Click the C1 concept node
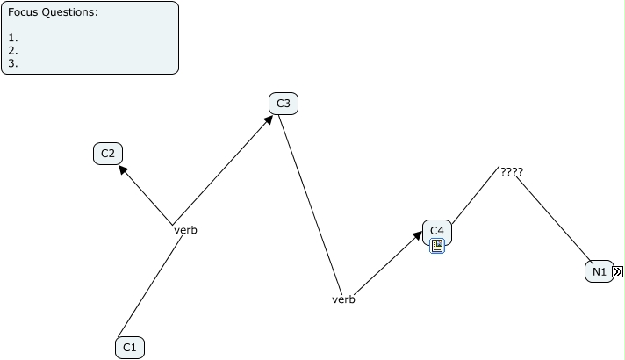click(x=129, y=348)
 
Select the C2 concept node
click(x=108, y=154)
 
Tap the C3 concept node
click(x=284, y=104)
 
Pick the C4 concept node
click(x=437, y=231)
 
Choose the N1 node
click(x=599, y=271)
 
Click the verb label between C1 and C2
click(x=185, y=230)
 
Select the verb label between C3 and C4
click(x=343, y=299)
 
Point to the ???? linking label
click(x=512, y=172)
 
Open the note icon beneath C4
click(x=437, y=247)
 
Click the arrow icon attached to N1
click(x=618, y=272)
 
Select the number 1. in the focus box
click(x=13, y=38)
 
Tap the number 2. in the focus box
click(x=13, y=50)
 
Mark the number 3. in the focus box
click(x=13, y=62)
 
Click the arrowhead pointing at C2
click(x=125, y=172)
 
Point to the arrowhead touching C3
click(x=267, y=121)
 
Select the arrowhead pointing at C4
click(x=419, y=237)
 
